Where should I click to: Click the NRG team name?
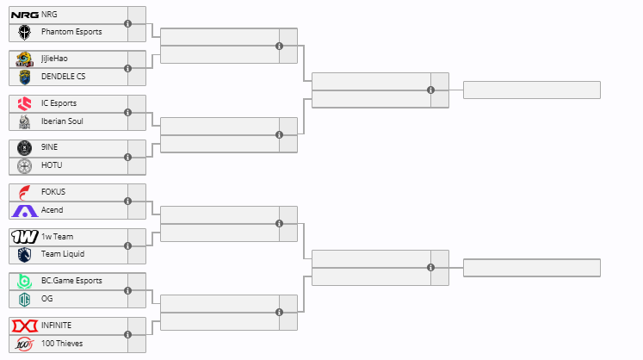[49, 15]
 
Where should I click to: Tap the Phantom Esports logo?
[25, 32]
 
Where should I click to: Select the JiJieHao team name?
[54, 59]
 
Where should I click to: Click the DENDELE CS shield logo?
[25, 77]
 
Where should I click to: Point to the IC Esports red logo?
[25, 103]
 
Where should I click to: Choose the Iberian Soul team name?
[62, 121]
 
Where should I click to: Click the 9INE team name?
[49, 147]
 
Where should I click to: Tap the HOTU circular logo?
[25, 166]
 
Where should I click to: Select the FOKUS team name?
[53, 192]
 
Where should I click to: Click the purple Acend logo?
[25, 211]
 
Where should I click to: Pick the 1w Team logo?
[25, 237]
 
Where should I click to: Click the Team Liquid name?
[63, 254]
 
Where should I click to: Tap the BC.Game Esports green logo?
[25, 281]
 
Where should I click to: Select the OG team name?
[46, 299]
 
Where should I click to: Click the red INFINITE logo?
[25, 326]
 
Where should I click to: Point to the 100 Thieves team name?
[62, 343]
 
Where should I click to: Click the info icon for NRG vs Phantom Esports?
[128, 24]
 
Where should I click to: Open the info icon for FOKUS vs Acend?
[128, 202]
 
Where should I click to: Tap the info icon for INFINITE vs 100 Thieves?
[128, 334]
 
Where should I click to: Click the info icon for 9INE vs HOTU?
[128, 158]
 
